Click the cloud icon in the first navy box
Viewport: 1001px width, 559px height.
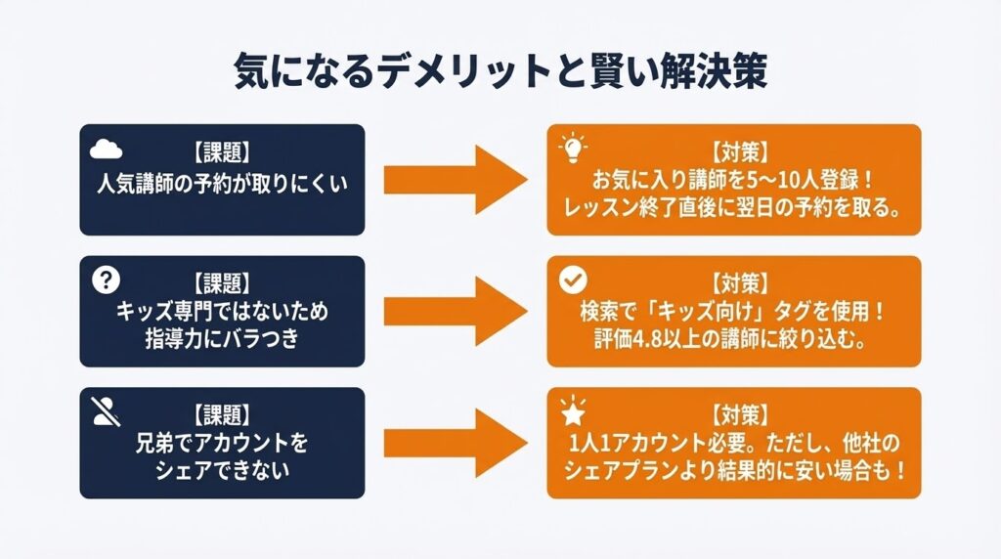[106, 149]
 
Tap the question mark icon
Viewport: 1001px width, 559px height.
[105, 280]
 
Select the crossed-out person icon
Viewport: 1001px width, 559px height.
[106, 412]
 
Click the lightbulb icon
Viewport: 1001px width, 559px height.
[569, 149]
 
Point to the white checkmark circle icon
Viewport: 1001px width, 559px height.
[569, 280]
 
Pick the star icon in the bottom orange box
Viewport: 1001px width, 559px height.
[569, 411]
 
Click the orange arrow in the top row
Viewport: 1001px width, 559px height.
[456, 179]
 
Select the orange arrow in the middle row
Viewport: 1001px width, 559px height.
[456, 311]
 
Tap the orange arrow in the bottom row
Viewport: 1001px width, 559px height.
[456, 442]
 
